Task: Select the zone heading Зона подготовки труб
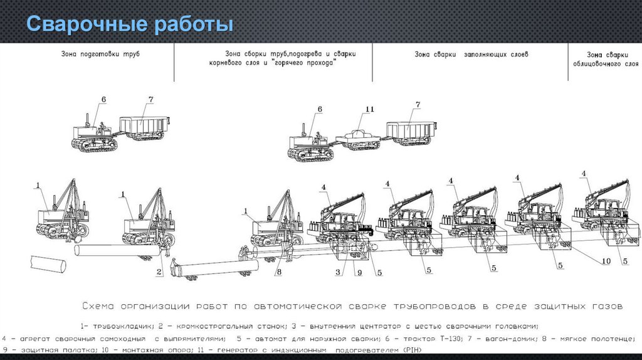click(100, 55)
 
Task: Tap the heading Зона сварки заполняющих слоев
click(471, 55)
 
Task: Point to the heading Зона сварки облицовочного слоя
click(606, 60)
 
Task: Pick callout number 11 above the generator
click(370, 109)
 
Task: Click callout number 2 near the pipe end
click(160, 272)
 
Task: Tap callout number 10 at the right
click(606, 261)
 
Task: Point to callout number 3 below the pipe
click(338, 272)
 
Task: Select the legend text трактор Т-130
click(435, 338)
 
